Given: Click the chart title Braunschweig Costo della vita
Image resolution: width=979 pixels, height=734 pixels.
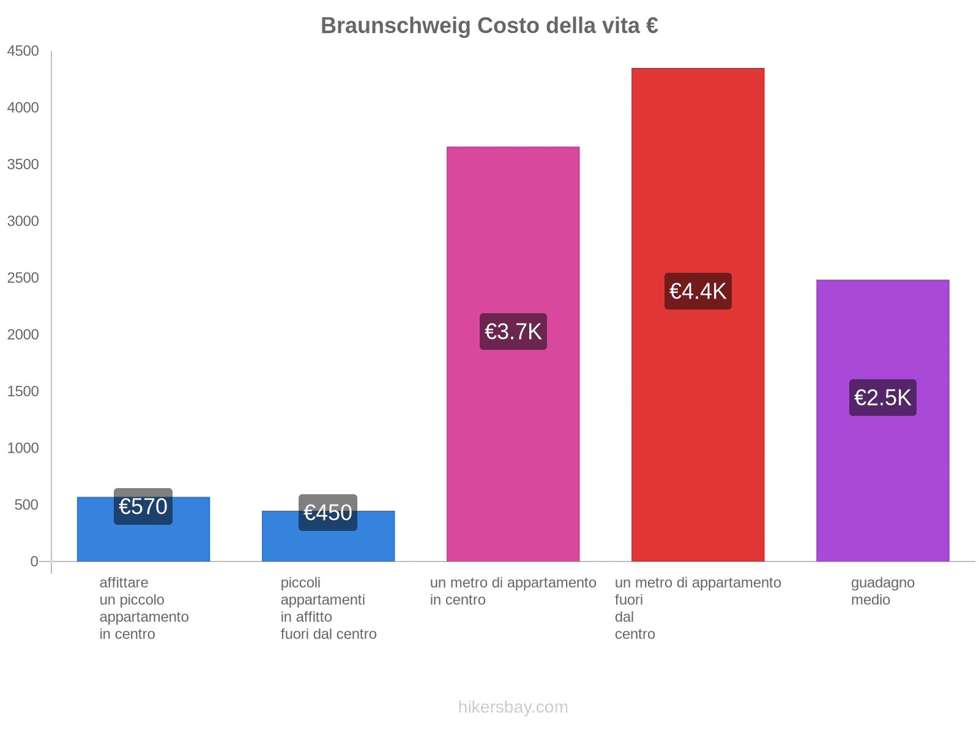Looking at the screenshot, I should coord(489,26).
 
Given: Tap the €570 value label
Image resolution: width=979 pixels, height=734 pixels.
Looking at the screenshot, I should coord(143,506).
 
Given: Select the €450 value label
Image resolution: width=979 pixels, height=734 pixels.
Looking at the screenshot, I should coord(328,513).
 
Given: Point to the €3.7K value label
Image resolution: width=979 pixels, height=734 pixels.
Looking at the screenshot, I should coord(513,332).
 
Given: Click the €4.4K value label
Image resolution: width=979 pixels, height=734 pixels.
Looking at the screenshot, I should coord(698,291).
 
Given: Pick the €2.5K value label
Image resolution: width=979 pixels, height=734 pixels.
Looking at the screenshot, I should coord(882,398).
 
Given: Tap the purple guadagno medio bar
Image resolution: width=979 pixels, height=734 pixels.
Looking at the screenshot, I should coord(882,489).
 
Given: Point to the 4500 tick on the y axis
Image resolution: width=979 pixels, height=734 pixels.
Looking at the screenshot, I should coord(23,51).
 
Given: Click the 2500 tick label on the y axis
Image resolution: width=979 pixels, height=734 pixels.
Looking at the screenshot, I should coord(23,278).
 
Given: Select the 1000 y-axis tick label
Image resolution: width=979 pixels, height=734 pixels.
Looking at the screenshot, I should coord(23,448).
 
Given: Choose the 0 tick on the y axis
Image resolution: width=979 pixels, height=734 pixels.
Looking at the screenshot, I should coord(34,562).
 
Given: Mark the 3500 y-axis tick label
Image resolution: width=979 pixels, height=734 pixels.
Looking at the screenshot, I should coord(23,165).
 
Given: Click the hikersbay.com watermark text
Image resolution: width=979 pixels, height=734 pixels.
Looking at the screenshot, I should coord(513,707).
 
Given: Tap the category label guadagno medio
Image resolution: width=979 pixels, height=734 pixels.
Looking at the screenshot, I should coord(882,591).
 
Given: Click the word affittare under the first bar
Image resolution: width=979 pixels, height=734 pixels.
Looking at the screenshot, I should coord(124,583).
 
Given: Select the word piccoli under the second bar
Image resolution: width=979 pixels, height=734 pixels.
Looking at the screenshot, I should coord(300,583).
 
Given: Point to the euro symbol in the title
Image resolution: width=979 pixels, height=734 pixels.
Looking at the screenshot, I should coord(651,26).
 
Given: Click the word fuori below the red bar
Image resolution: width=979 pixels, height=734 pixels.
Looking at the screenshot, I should coord(628,600).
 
